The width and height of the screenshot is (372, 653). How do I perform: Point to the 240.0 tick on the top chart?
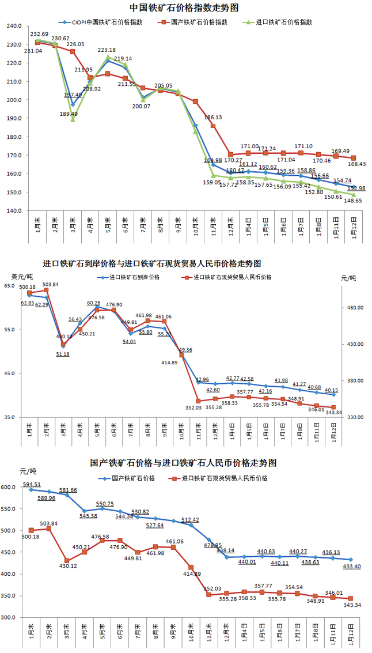(x=13, y=27)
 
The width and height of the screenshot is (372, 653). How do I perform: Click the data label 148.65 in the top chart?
(x=354, y=201)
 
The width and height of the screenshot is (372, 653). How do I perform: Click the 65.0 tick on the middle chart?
(x=10, y=286)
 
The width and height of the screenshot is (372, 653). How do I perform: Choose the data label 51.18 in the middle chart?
(x=63, y=354)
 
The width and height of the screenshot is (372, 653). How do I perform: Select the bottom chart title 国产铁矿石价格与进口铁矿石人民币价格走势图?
(x=184, y=463)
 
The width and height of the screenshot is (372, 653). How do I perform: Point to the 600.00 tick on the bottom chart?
(x=10, y=488)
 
